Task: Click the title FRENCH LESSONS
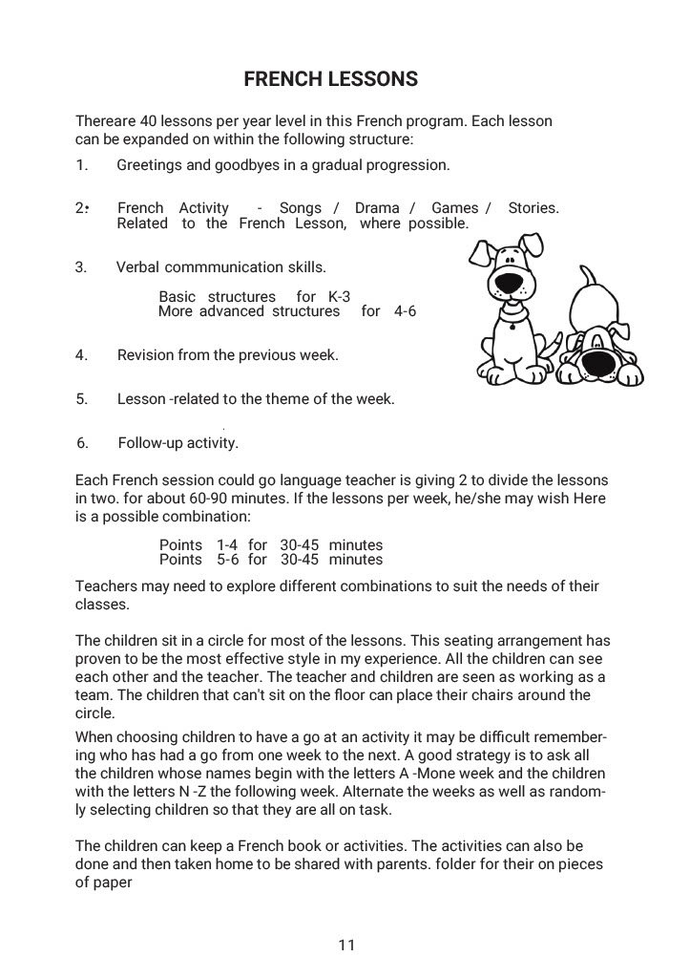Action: (331, 79)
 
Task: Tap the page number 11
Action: (346, 946)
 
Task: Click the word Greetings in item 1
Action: (149, 165)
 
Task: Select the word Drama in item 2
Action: (377, 208)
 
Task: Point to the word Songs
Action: (301, 208)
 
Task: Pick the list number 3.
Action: (81, 266)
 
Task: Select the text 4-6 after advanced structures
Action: (405, 311)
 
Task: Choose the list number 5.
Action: (81, 399)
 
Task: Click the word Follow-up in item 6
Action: (151, 443)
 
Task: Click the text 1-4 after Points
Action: (225, 545)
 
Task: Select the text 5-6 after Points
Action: (225, 560)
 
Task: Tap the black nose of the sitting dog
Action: (512, 283)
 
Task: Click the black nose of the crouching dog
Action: (599, 362)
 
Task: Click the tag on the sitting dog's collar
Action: (512, 325)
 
